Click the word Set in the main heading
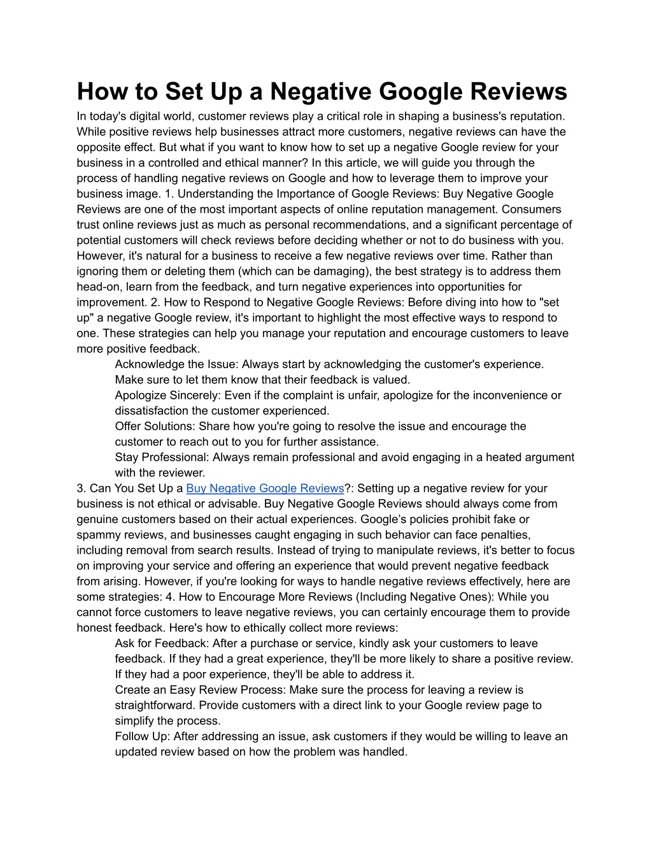click(185, 91)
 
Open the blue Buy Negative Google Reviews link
click(265, 488)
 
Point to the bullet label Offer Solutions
click(153, 426)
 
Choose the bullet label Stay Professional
click(160, 457)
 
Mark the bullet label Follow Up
click(141, 736)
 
